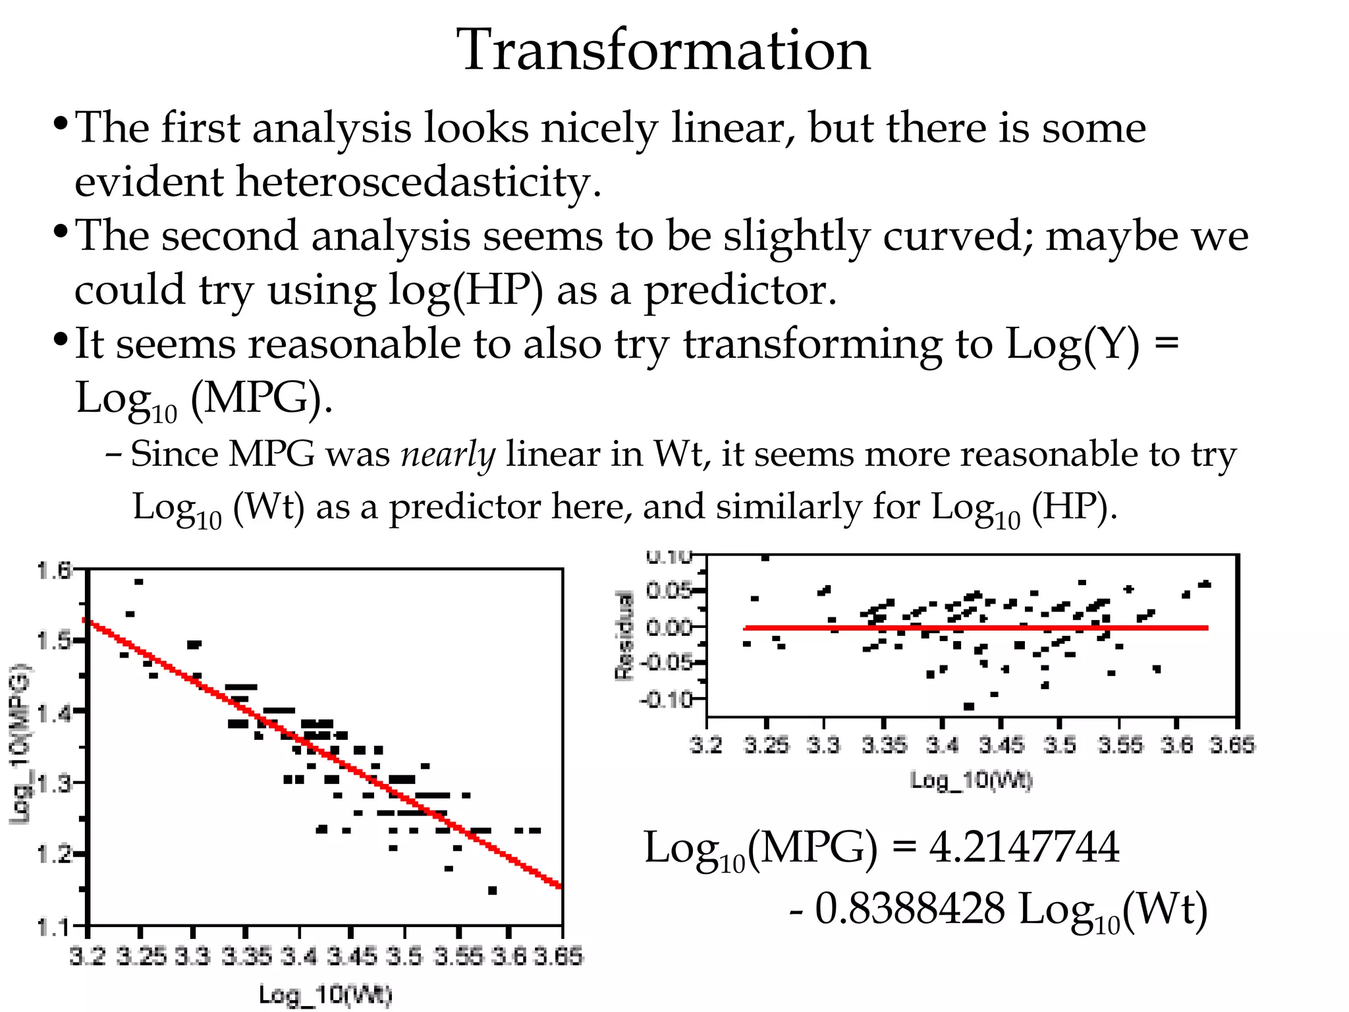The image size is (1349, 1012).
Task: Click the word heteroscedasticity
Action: [337, 181]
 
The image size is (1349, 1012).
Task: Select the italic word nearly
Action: [448, 455]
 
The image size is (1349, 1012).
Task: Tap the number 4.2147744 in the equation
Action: [1024, 847]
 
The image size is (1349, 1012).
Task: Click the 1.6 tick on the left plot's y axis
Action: [54, 570]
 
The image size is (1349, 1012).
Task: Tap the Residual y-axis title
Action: [623, 635]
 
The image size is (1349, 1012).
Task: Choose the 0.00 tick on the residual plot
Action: [669, 627]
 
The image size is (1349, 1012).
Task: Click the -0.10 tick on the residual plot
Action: [666, 698]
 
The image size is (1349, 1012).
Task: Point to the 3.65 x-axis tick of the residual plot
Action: [1232, 746]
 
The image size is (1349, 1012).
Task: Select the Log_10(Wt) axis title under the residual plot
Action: [972, 781]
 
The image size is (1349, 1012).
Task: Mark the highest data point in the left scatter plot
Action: [138, 582]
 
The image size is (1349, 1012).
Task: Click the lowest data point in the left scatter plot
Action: [492, 891]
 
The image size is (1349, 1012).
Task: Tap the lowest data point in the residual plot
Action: [968, 706]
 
